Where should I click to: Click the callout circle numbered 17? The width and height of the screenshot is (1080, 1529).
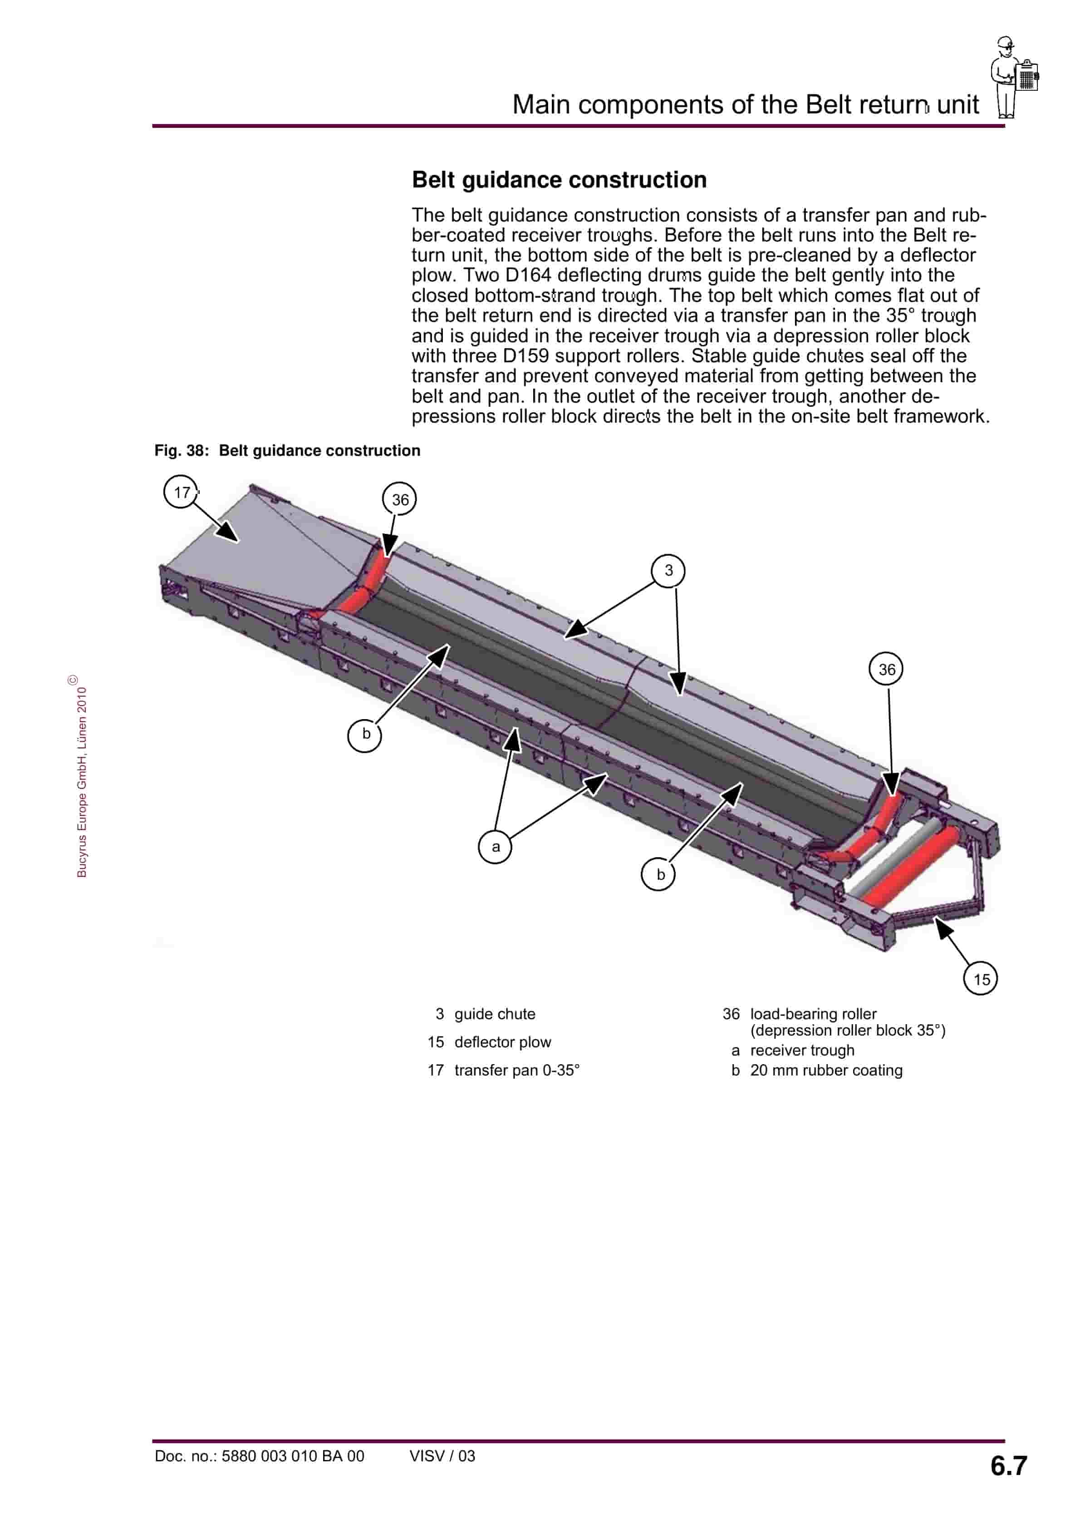[x=181, y=492]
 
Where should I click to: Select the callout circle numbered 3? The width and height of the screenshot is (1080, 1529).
[x=668, y=570]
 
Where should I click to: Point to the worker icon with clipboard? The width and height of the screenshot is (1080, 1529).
[x=1013, y=77]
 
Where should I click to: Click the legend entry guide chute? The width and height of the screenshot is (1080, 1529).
[x=494, y=1014]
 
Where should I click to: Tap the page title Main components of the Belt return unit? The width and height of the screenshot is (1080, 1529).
[x=745, y=104]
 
